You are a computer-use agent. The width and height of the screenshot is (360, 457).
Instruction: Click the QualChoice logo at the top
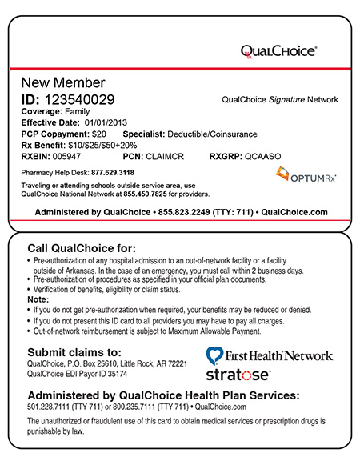pyautogui.click(x=279, y=50)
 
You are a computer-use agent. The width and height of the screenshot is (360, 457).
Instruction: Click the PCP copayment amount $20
pyautogui.click(x=98, y=134)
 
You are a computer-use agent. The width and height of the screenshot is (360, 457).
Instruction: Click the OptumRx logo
pyautogui.click(x=305, y=174)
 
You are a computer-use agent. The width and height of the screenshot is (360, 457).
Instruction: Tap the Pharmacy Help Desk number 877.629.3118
pyautogui.click(x=112, y=172)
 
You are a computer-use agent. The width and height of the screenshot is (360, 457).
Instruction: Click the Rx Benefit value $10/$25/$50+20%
pyautogui.click(x=100, y=146)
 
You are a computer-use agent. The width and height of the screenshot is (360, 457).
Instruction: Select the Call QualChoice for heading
pyautogui.click(x=82, y=247)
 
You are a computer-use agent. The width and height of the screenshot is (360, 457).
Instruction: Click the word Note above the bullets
pyautogui.click(x=37, y=299)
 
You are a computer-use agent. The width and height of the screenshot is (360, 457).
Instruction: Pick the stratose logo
pyautogui.click(x=238, y=374)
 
